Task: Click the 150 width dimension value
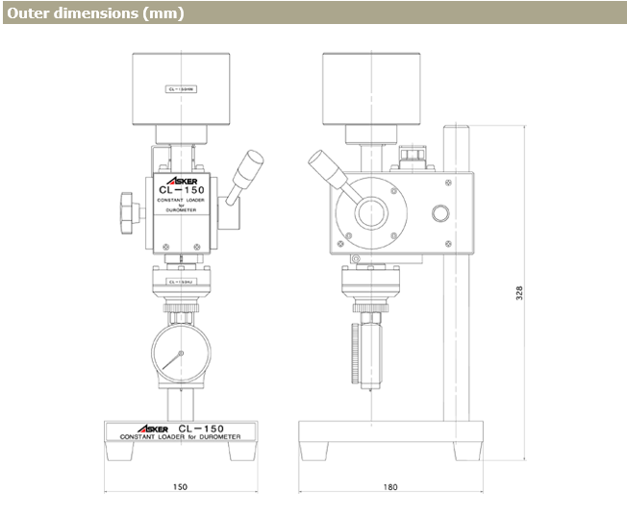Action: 180,487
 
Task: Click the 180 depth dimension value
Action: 389,487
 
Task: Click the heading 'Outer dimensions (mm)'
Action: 93,14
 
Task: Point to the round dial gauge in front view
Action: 180,356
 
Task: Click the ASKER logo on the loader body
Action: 180,178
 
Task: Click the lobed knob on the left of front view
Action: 126,206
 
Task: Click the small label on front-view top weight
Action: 180,88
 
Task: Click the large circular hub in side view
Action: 371,211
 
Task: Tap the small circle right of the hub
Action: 440,213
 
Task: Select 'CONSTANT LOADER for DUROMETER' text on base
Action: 180,436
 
